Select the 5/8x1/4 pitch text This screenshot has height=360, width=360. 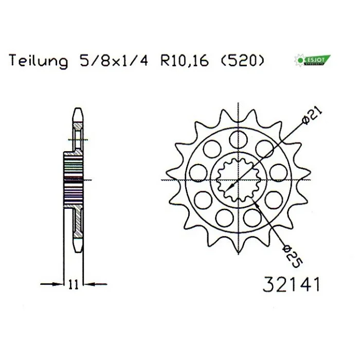pos(114,61)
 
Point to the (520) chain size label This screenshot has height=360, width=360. pos(242,61)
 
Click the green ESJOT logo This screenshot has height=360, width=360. pos(312,60)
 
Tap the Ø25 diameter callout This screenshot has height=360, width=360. pos(293,257)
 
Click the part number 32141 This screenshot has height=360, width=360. pos(291,284)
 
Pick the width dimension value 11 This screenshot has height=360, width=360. pos(74,285)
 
